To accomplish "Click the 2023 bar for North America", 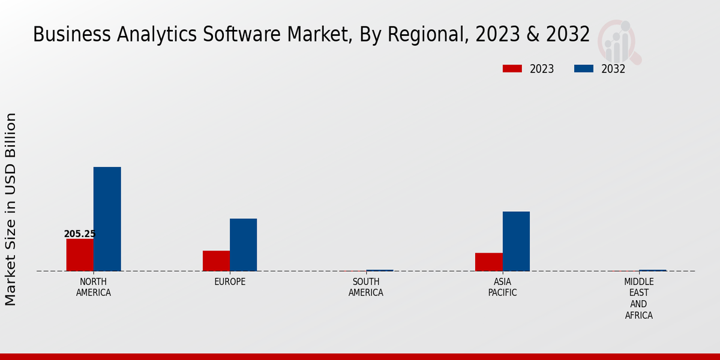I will (x=80, y=255).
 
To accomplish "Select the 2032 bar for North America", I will (x=107, y=219).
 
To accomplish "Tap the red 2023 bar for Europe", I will (x=216, y=261).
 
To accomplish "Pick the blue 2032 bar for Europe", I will (x=243, y=245).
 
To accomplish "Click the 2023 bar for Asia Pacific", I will (x=488, y=262).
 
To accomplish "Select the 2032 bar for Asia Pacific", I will (x=516, y=241).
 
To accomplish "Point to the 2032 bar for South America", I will (x=380, y=271).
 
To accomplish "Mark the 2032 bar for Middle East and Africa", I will (x=653, y=271).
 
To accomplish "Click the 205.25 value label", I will (x=80, y=234).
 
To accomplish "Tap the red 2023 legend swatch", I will (x=512, y=69).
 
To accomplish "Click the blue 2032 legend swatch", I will (x=583, y=69).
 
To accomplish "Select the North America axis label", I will (x=94, y=287).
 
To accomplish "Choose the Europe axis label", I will (x=230, y=282).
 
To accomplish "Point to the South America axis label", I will (x=366, y=287).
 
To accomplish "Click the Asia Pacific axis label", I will (x=502, y=287).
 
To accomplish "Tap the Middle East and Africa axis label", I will (x=639, y=298).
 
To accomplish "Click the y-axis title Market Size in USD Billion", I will (x=11, y=209).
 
